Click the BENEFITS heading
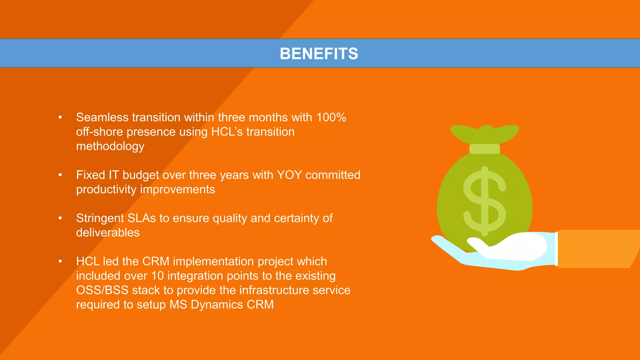click(319, 53)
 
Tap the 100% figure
click(331, 117)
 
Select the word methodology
click(110, 146)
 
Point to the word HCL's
click(227, 132)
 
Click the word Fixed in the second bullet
click(90, 175)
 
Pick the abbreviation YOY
click(289, 175)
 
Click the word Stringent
click(100, 218)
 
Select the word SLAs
click(142, 218)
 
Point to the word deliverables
click(108, 232)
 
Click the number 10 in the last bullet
click(157, 276)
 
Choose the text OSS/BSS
click(102, 290)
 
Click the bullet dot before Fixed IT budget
click(60, 175)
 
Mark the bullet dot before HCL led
click(60, 261)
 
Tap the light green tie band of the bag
click(484, 149)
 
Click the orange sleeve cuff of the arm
click(594, 249)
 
